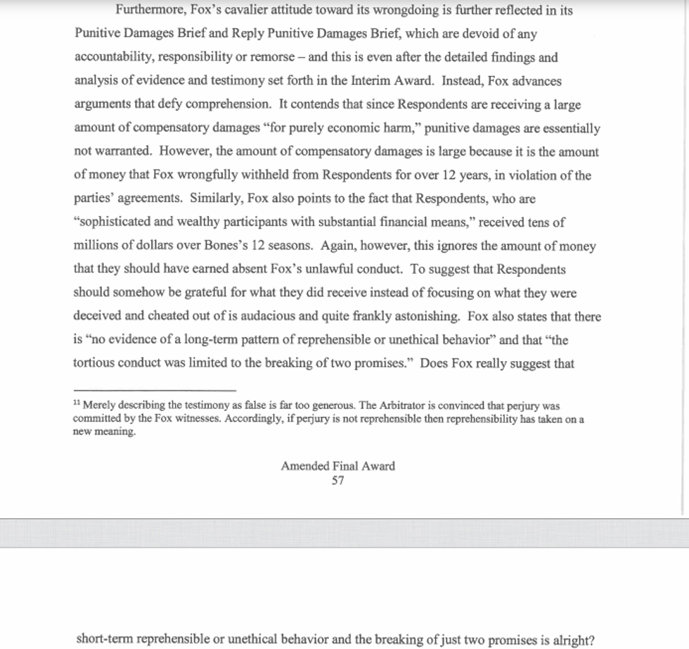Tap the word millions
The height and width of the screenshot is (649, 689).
(x=97, y=246)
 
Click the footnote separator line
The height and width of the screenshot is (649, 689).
(x=155, y=390)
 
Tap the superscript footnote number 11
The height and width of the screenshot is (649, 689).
(x=77, y=404)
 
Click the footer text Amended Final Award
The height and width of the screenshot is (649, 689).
(x=337, y=466)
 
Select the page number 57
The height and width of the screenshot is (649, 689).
(x=337, y=481)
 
